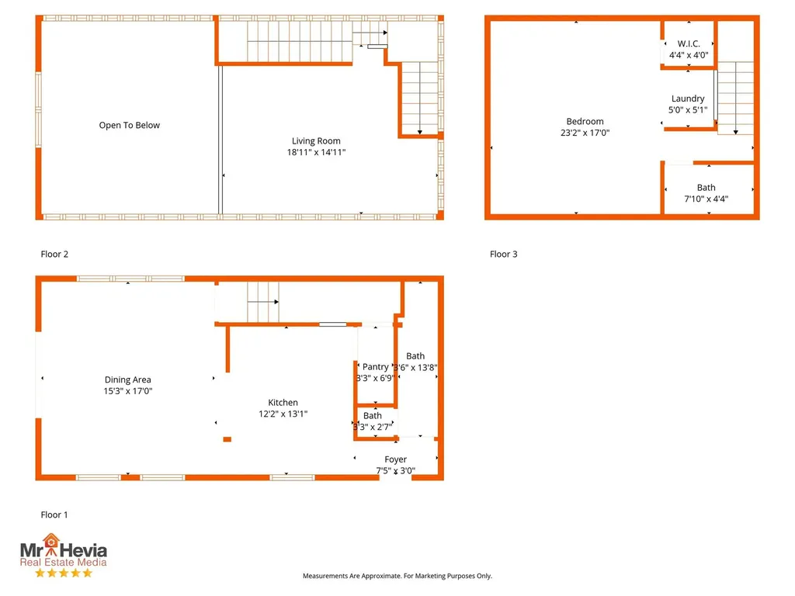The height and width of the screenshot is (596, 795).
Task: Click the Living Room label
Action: click(316, 141)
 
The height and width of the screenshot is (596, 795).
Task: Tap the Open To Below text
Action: click(130, 125)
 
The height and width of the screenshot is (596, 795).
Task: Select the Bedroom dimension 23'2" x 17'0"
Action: click(585, 133)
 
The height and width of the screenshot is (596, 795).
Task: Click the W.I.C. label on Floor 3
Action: click(689, 43)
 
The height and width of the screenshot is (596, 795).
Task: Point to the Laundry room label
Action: click(688, 99)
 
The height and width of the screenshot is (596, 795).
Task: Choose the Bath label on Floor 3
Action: click(706, 188)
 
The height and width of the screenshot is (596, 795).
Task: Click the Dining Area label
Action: click(128, 379)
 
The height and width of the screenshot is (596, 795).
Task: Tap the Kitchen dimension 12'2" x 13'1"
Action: click(283, 414)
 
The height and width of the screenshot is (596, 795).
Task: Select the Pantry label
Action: click(375, 367)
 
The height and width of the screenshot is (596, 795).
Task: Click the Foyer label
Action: click(395, 459)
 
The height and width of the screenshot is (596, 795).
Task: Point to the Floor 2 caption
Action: click(54, 254)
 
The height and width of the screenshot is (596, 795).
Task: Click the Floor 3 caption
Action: click(503, 254)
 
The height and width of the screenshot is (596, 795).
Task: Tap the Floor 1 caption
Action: click(54, 515)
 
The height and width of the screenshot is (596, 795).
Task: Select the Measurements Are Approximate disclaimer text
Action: click(397, 576)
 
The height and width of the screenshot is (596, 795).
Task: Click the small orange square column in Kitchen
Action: click(227, 439)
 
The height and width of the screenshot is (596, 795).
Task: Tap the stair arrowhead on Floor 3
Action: click(736, 132)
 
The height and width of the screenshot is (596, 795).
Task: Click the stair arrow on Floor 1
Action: click(263, 302)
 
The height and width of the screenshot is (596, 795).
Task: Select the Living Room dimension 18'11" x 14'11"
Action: click(316, 152)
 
